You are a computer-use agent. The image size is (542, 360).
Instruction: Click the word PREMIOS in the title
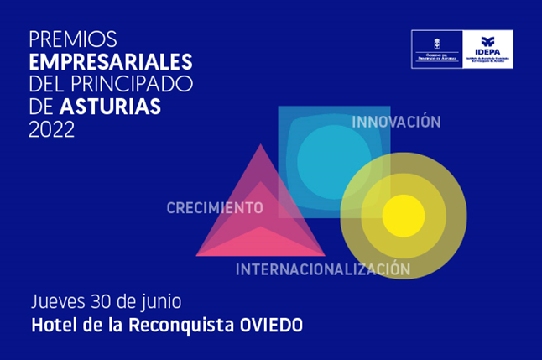click(x=73, y=39)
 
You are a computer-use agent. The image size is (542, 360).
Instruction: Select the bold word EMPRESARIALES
click(x=111, y=62)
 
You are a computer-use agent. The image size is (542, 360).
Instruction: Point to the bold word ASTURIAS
click(x=110, y=107)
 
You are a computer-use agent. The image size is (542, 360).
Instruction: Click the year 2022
click(x=52, y=130)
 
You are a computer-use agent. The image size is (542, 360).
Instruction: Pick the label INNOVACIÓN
click(x=396, y=123)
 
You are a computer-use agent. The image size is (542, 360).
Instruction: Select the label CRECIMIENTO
click(x=215, y=208)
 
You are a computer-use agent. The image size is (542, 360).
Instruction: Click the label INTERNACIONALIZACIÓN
click(x=323, y=270)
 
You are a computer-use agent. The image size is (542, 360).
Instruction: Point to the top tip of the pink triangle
click(x=260, y=146)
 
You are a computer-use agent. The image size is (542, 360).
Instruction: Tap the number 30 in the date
click(x=107, y=301)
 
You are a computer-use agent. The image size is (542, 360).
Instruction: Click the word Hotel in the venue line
click(x=52, y=325)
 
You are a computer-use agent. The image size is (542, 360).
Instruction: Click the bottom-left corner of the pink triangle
click(x=199, y=254)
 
